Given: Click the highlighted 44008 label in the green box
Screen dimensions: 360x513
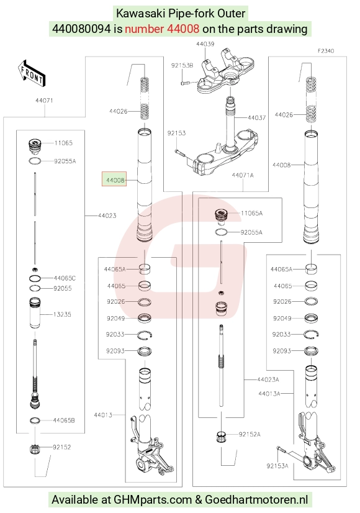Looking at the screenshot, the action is (114, 179).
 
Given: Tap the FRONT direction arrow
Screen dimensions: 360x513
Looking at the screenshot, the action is (32, 73).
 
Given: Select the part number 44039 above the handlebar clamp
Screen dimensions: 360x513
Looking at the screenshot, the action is (205, 44).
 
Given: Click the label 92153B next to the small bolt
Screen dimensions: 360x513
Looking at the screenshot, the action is (182, 65).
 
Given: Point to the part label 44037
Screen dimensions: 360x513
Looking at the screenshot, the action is (256, 117).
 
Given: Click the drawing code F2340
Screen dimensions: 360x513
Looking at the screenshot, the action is (326, 51).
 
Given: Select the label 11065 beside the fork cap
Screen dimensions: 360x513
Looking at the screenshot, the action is (63, 143).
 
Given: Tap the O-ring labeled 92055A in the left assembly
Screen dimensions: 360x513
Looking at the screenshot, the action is (35, 161).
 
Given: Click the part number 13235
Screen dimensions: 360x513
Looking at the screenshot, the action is (62, 314).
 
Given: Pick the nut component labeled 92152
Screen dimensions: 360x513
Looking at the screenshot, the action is (35, 449).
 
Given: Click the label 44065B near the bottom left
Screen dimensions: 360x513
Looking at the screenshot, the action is (64, 420).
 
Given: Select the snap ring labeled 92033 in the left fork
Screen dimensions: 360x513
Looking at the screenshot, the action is (145, 335).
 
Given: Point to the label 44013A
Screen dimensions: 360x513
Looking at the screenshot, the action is (269, 394).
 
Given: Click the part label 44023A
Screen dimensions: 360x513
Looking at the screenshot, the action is (268, 379).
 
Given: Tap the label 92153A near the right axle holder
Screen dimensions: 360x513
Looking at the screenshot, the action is (277, 466).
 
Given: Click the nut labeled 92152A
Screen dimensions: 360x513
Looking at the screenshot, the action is (222, 437).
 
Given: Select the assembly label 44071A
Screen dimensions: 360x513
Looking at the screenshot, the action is (243, 175).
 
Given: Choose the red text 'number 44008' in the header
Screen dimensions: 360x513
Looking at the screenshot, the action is (162, 29).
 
